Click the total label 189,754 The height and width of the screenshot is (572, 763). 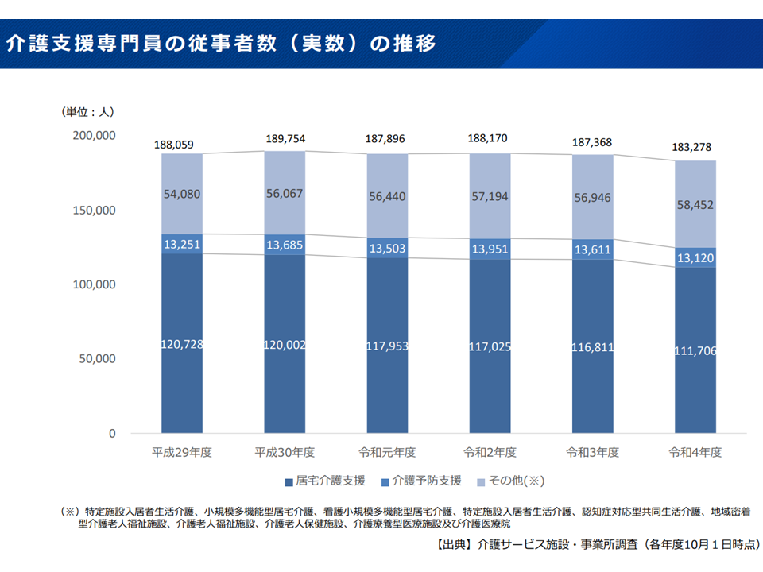[285, 139]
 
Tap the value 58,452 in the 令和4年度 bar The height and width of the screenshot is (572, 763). [695, 205]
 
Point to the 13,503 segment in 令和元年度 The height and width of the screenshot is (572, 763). [387, 248]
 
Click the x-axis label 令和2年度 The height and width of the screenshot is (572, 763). [490, 452]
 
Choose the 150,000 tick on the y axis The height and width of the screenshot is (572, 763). [95, 211]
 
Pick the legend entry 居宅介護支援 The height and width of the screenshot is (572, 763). [325, 481]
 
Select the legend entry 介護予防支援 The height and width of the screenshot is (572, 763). [426, 481]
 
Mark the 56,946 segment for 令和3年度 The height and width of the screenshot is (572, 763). [592, 197]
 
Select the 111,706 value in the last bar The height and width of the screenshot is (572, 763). [695, 350]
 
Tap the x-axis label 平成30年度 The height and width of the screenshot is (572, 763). [285, 452]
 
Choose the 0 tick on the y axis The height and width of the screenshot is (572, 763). [112, 434]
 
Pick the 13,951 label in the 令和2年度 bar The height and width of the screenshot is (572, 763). [490, 249]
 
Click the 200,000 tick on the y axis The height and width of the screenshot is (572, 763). [95, 136]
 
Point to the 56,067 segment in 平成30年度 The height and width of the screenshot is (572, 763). [285, 194]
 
